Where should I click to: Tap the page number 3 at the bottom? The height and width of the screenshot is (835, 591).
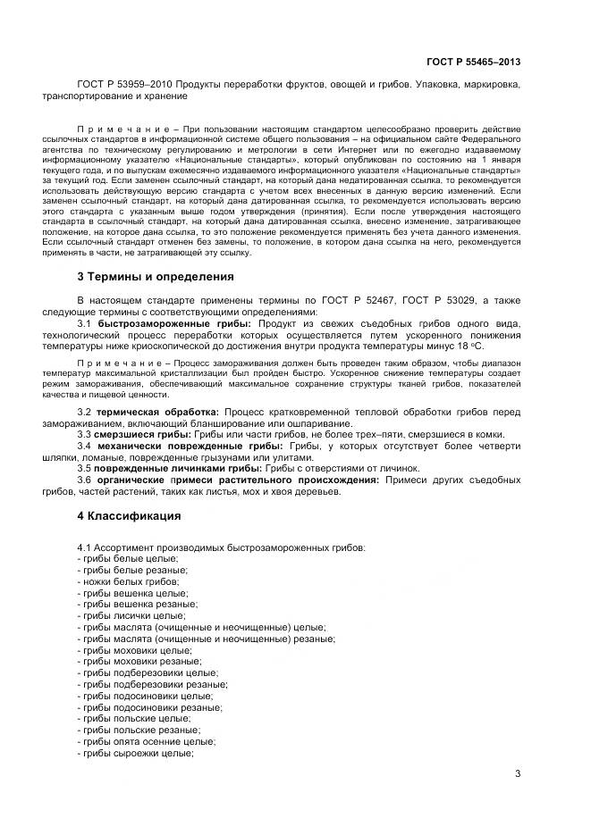[x=517, y=773]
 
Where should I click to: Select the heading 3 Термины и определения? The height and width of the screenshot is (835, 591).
[x=155, y=277]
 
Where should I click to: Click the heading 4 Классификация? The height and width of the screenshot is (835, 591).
[x=129, y=516]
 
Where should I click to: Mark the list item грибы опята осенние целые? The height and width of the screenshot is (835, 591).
[x=147, y=741]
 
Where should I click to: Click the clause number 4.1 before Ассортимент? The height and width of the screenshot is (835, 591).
[x=86, y=547]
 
